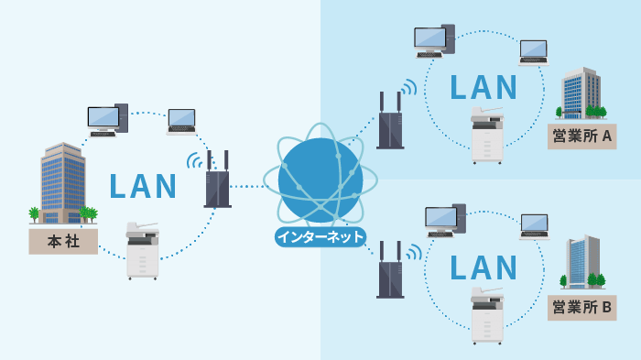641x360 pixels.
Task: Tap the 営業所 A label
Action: pos(582,137)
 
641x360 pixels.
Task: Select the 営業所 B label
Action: pos(582,307)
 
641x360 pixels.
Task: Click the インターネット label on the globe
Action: pos(320,237)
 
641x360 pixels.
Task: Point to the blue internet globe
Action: pos(320,180)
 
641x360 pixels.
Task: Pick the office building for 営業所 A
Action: pos(581,94)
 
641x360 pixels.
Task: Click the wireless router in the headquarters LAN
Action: pos(218,180)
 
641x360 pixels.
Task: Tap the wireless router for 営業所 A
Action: pos(391,121)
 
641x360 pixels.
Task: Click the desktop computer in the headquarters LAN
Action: pos(107,120)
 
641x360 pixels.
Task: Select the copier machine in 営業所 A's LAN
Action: pos(487,136)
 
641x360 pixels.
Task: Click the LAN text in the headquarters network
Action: pos(143,185)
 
